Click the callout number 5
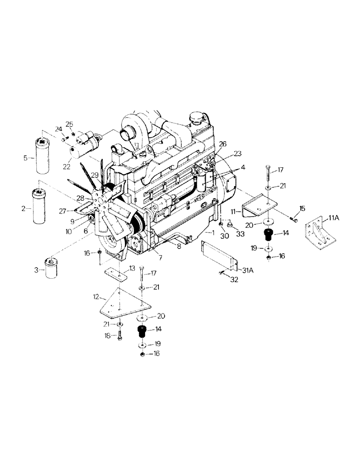click(26, 158)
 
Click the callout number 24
click(58, 129)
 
